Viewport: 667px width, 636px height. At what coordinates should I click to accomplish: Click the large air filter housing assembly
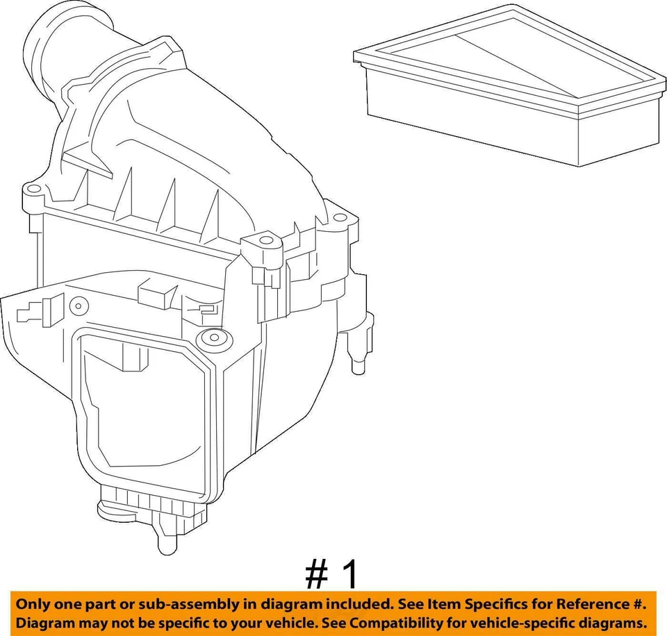[188, 292]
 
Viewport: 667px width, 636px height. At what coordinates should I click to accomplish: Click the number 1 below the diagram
[349, 575]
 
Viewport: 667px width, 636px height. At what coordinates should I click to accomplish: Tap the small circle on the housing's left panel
[78, 306]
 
